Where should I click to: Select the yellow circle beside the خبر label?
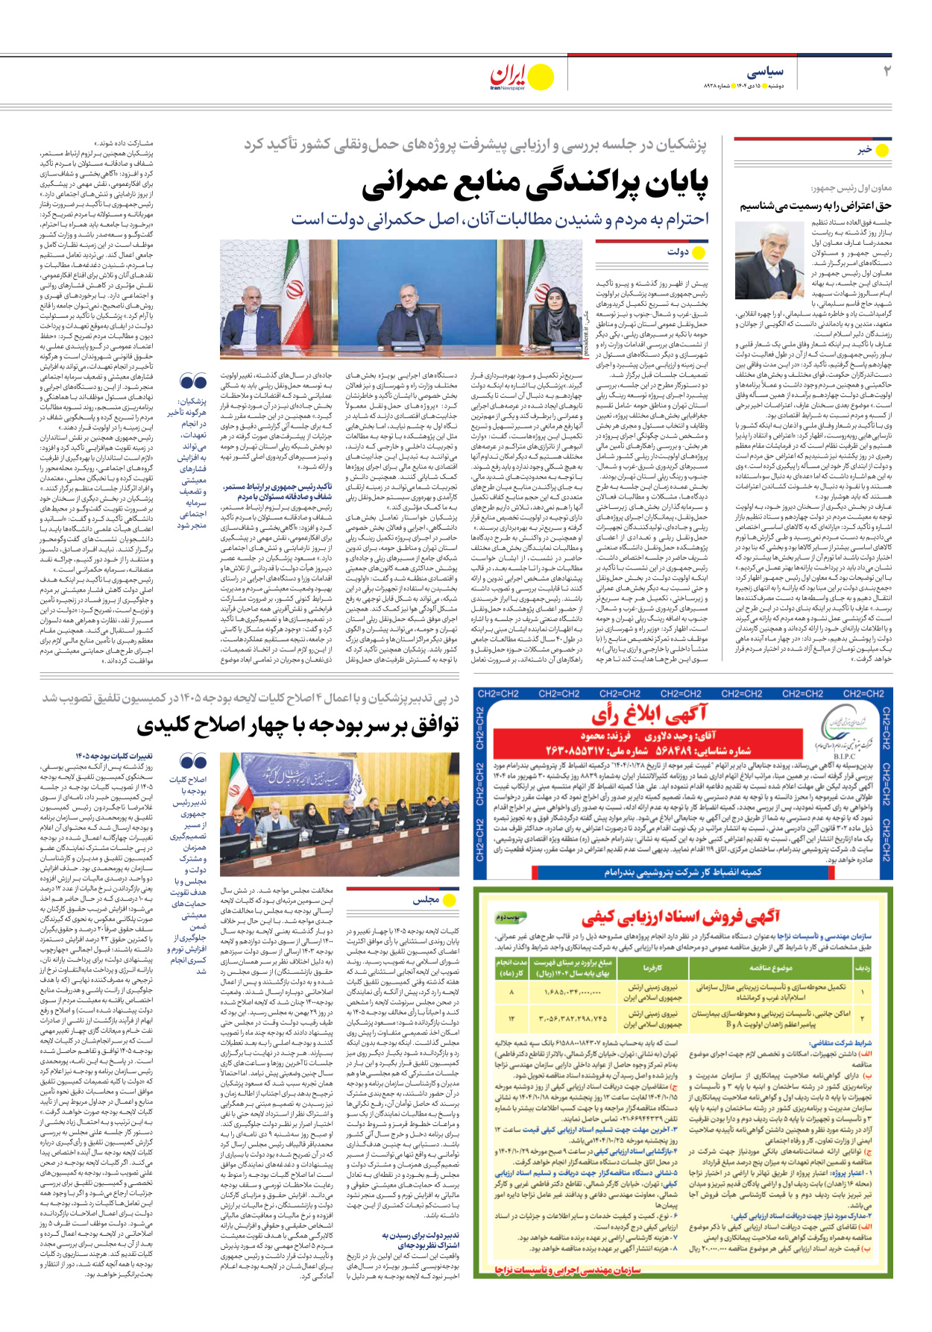882,150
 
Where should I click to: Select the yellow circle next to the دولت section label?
699,252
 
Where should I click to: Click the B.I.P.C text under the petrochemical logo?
844,756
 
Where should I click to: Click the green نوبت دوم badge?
509,916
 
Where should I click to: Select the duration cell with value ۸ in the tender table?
511,992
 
